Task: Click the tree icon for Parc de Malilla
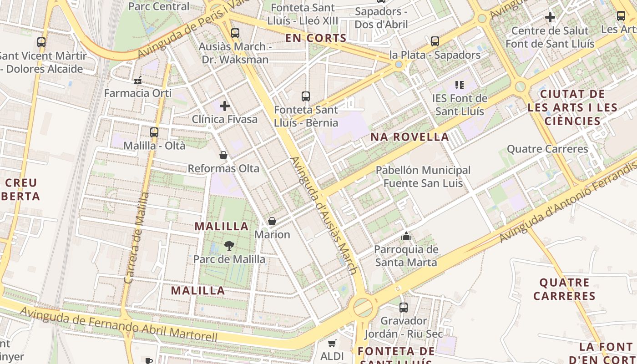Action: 229,246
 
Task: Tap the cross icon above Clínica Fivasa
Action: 225,106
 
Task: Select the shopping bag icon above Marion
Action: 272,222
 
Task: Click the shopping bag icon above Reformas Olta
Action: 223,156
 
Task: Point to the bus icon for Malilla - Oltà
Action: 154,132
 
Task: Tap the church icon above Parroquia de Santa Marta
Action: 406,237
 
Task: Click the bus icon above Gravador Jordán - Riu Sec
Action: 404,308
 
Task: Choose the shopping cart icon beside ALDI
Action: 332,344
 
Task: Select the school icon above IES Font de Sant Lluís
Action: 460,85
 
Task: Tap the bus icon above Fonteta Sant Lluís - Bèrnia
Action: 306,96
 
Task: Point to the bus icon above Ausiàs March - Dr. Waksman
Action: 235,33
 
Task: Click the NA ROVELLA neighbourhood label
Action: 409,137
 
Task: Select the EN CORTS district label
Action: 316,38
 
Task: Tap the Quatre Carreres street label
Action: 547,149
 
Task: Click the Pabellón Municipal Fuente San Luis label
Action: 423,177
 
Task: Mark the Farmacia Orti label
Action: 138,93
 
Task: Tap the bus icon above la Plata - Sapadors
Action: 435,41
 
